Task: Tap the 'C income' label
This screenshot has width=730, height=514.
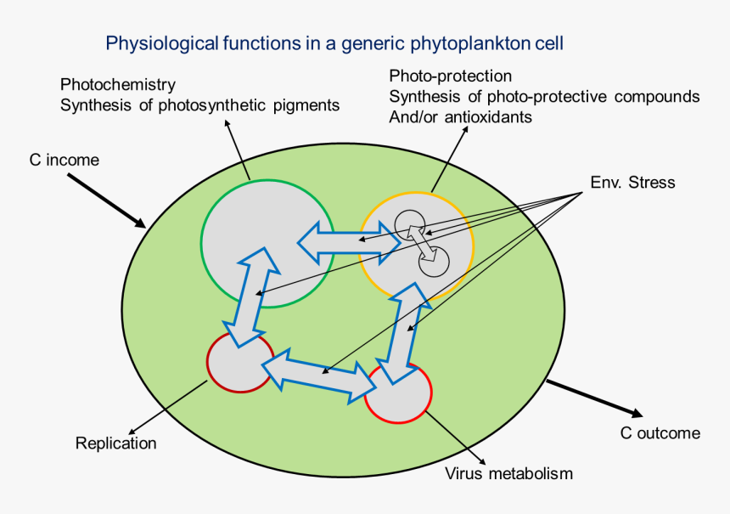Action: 63,160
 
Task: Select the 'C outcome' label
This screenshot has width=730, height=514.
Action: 660,433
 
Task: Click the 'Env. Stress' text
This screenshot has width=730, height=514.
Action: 632,182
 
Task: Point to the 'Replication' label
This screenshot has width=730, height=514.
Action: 115,443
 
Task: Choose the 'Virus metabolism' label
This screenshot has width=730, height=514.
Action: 508,473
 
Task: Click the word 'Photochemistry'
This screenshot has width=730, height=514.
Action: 117,85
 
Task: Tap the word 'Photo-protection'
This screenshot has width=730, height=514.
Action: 450,76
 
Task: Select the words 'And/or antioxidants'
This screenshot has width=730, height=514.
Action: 460,116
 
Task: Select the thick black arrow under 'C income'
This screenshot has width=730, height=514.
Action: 106,201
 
